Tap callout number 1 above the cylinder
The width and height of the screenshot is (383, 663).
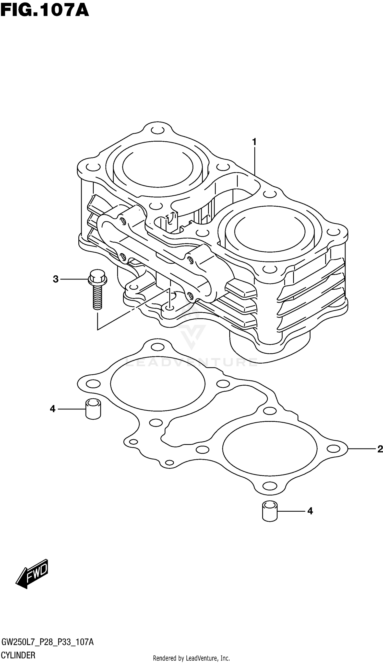pyautogui.click(x=254, y=142)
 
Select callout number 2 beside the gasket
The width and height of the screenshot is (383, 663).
pyautogui.click(x=380, y=449)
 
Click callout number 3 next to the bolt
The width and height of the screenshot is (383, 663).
pyautogui.click(x=55, y=279)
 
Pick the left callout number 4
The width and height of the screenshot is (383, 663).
pyautogui.click(x=53, y=409)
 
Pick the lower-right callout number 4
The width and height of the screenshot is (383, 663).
pyautogui.click(x=310, y=511)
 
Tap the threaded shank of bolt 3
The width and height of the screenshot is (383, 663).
pyautogui.click(x=98, y=297)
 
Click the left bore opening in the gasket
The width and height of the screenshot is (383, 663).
pyautogui.click(x=158, y=387)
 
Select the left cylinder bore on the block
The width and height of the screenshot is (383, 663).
pyautogui.click(x=158, y=168)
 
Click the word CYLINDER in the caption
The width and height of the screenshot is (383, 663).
pyautogui.click(x=18, y=655)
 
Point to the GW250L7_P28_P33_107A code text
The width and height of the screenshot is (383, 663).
pyautogui.click(x=47, y=642)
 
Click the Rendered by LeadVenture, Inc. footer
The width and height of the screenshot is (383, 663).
pyautogui.click(x=191, y=658)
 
